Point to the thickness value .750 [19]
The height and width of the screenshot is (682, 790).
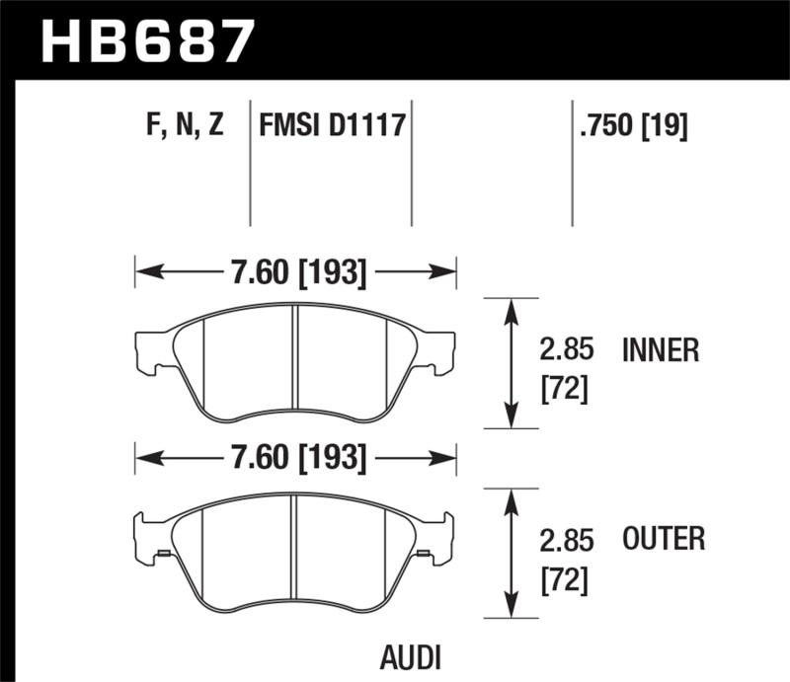click(x=633, y=126)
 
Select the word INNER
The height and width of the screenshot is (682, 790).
click(x=661, y=350)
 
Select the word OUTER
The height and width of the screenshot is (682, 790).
click(x=664, y=539)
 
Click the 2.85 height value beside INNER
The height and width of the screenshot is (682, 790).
click(x=564, y=350)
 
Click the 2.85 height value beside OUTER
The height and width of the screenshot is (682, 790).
click(x=564, y=540)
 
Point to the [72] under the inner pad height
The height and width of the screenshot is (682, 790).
click(x=564, y=390)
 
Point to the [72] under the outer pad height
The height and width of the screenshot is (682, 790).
click(x=564, y=579)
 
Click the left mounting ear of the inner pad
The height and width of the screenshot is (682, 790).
click(x=149, y=350)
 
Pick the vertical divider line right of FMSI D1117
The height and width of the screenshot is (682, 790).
click(x=411, y=163)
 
